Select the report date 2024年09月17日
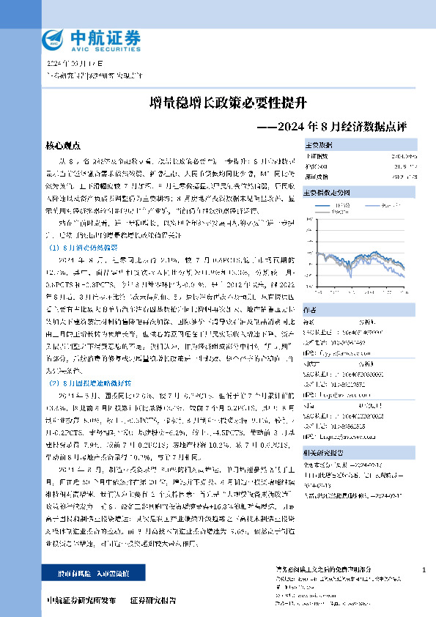[x=75, y=64]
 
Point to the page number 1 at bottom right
[x=424, y=569]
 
